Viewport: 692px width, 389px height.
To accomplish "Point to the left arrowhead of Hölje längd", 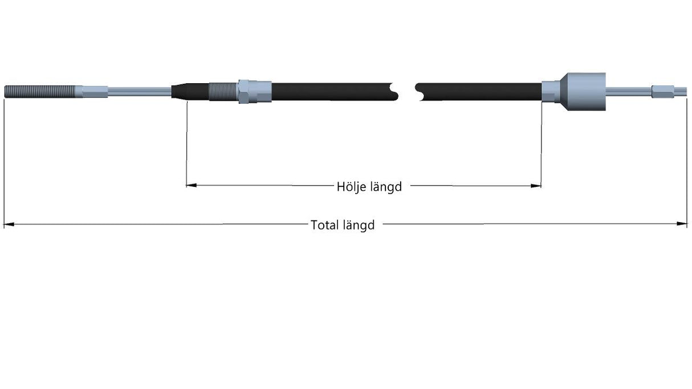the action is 192,185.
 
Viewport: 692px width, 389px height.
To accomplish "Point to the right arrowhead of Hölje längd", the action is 536,186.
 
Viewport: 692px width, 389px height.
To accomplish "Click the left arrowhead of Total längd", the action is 9,224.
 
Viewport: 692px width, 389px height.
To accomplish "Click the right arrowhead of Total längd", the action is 682,223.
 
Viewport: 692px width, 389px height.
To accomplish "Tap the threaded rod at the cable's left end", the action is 40,92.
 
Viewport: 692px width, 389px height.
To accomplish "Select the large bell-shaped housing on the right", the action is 583,92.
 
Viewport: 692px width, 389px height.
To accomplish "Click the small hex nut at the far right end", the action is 663,92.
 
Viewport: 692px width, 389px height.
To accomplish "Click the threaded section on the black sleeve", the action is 223,92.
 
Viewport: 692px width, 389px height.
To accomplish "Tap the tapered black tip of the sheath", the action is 180,92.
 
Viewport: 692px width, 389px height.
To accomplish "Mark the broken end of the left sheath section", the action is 394,92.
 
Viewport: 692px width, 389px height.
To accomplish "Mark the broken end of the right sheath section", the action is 419,92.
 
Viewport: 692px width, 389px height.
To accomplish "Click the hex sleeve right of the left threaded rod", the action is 92,92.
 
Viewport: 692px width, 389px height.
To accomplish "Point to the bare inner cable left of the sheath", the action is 140,92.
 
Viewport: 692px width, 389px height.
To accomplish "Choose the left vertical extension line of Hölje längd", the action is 186,144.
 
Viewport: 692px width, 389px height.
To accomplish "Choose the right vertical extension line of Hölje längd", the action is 542,144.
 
